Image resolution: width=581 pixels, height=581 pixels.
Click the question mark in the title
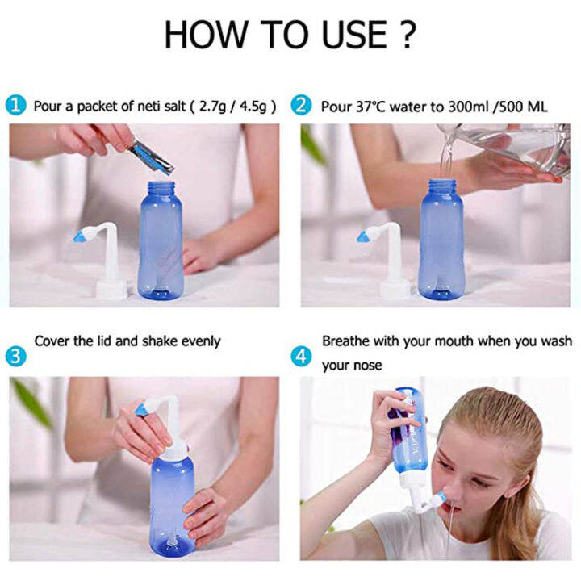coord(407,35)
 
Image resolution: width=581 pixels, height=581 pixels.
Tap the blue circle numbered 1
coord(16,106)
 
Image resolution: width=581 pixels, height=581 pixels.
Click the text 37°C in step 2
coord(374,106)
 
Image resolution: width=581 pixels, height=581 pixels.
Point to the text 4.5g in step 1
coord(246,106)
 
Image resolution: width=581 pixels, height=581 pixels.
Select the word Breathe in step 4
coord(347,341)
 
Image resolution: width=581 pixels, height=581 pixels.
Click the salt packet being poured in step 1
coord(150,155)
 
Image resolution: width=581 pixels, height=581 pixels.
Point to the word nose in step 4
coord(368,366)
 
